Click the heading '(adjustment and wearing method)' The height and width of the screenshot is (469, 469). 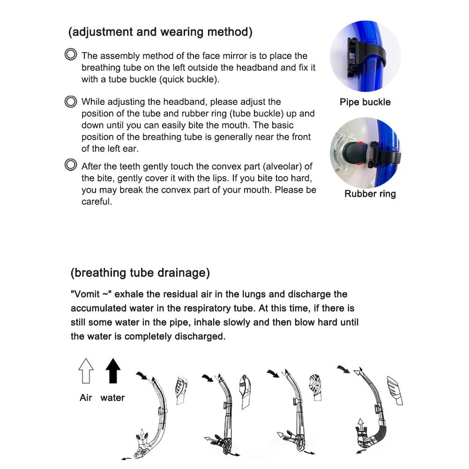tap(160, 32)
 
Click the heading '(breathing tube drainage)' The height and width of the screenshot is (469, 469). tap(140, 273)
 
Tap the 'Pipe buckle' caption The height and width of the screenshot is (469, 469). tap(365, 102)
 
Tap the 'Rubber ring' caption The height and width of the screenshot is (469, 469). tap(370, 194)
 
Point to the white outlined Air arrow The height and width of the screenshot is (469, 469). tap(86, 371)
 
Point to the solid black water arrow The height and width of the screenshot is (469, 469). tap(113, 371)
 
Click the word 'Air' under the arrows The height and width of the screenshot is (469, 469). tap(86, 398)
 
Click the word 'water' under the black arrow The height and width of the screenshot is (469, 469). tap(112, 398)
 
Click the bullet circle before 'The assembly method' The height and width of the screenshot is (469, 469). tap(71, 55)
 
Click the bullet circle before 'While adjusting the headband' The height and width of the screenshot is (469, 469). tap(71, 101)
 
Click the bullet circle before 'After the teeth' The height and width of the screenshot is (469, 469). tap(71, 165)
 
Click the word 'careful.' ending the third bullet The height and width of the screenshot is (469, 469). tap(97, 202)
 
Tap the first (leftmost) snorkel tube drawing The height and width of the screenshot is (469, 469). tap(155, 417)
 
